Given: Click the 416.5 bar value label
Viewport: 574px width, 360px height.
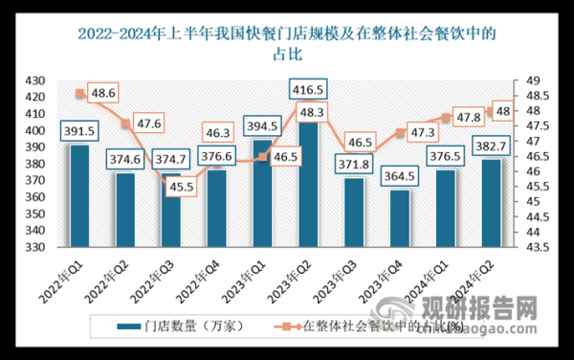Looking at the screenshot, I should [x=308, y=89].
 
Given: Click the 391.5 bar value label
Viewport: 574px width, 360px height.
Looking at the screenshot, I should [x=79, y=132].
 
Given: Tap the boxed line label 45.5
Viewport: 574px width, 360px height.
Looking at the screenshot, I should [x=182, y=187].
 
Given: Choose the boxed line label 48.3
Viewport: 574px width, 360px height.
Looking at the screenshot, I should [x=308, y=112].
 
